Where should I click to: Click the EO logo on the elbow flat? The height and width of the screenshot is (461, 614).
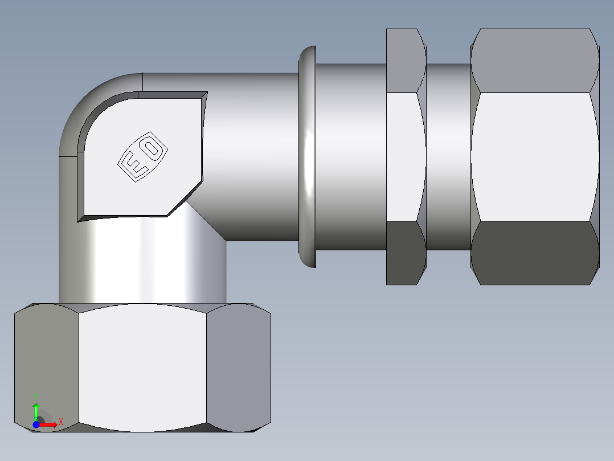(143, 158)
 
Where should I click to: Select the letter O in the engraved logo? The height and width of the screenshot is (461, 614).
(152, 149)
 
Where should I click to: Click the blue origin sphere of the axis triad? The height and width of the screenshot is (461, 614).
(36, 424)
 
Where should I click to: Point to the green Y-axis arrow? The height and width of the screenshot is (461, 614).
(35, 409)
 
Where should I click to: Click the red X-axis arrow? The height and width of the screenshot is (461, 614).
(49, 424)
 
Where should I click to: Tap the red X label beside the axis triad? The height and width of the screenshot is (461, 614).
(60, 422)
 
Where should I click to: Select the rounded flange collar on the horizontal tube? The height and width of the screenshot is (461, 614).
(307, 156)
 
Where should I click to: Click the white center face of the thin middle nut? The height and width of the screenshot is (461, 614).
(406, 156)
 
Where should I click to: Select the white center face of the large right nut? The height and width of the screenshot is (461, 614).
(534, 156)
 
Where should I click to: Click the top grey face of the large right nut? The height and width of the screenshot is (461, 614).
(534, 60)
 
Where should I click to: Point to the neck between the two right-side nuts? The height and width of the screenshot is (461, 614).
(449, 156)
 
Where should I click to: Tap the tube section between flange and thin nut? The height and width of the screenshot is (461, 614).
(351, 156)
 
